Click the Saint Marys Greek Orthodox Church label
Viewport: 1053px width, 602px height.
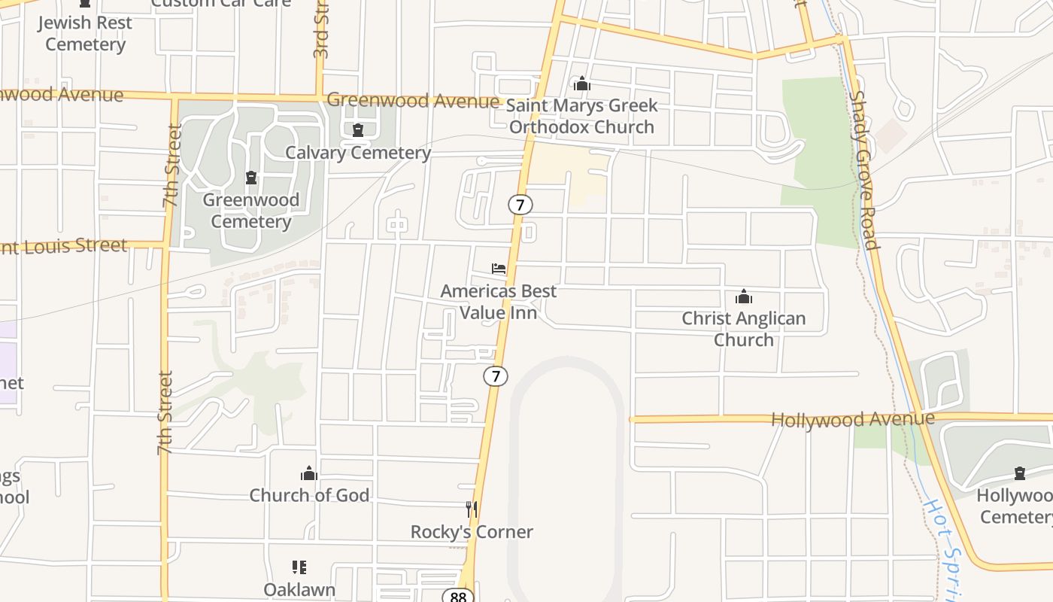583,116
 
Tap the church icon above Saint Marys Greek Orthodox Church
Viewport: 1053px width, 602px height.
581,84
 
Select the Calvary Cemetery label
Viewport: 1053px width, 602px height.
358,153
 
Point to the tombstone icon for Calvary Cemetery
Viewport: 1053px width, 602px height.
358,130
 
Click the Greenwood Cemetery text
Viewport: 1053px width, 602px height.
251,211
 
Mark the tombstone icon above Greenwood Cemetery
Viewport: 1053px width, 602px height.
251,178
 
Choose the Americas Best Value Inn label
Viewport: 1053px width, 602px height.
499,302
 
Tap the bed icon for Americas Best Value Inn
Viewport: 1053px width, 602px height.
499,269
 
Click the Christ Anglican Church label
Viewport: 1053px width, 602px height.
743,329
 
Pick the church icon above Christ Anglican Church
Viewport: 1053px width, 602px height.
744,296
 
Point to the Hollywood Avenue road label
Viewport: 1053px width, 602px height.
853,419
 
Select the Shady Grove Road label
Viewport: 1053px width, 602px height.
865,170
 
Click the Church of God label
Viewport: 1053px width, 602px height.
309,495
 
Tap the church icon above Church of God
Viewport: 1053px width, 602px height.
309,473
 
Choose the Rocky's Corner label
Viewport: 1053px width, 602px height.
472,532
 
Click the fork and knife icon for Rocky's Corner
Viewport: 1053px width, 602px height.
472,509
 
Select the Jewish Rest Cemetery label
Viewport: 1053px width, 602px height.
85,33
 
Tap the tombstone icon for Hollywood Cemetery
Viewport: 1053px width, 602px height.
1020,473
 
